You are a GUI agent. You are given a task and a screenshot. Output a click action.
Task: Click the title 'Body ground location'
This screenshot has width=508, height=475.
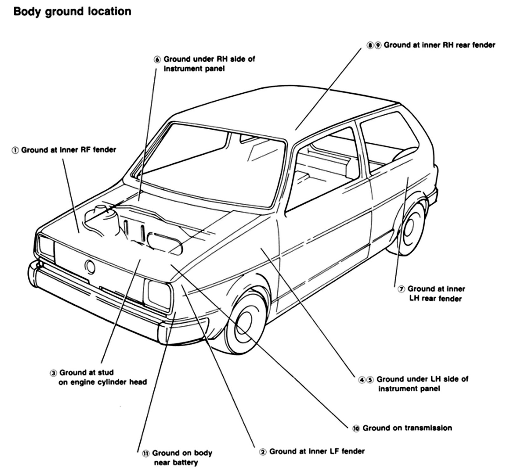(x=72, y=12)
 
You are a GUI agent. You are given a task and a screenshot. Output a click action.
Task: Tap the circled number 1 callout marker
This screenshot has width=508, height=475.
(x=15, y=150)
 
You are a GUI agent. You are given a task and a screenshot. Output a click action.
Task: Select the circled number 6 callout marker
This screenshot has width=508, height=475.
(x=157, y=60)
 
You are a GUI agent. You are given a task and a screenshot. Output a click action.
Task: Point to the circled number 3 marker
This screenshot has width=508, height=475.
(x=53, y=373)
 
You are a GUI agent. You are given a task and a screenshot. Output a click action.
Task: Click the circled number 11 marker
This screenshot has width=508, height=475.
(x=146, y=454)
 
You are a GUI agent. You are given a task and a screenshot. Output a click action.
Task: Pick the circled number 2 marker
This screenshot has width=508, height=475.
(x=263, y=452)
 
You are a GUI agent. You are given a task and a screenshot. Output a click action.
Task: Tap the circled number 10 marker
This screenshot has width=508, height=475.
(x=356, y=429)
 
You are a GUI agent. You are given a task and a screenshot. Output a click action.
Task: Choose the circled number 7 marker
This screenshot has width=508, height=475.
(x=401, y=289)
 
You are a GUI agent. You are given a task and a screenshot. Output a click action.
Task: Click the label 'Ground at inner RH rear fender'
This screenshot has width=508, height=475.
(x=439, y=45)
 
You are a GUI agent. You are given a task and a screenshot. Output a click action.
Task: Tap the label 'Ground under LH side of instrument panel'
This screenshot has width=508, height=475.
(x=422, y=383)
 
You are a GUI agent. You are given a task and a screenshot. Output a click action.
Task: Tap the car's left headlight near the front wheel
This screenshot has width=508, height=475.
(x=158, y=294)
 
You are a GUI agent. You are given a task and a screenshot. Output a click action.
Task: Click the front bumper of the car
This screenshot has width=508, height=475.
(x=95, y=302)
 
